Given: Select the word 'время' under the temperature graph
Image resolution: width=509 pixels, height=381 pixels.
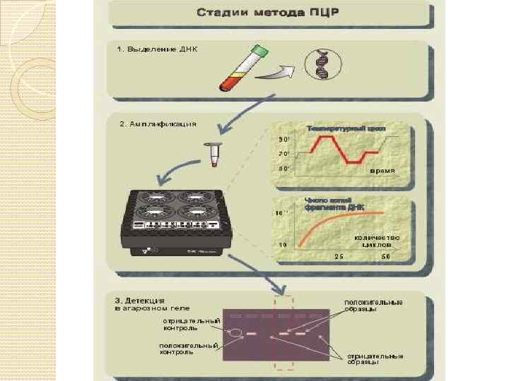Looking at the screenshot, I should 382,171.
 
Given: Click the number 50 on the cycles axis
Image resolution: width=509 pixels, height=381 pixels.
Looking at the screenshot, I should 386,257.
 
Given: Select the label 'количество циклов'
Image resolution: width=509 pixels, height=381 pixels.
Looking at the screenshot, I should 376,241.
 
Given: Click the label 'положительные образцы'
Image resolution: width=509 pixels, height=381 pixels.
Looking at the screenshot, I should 373,305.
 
